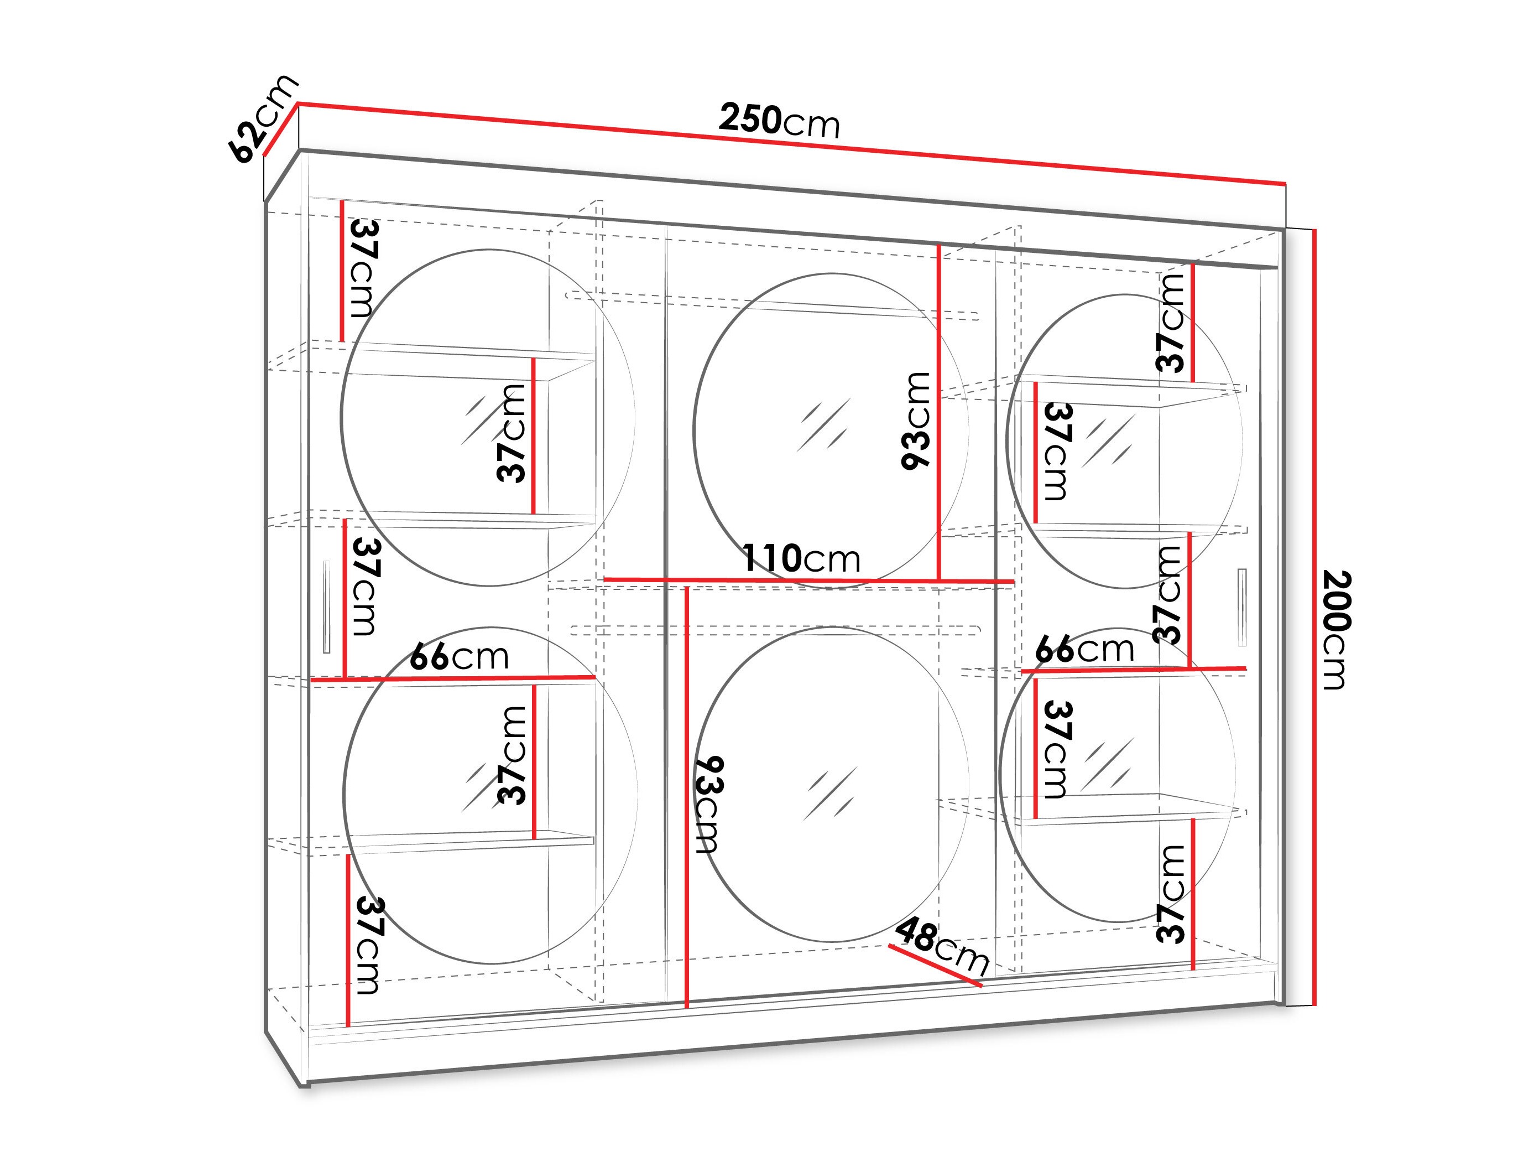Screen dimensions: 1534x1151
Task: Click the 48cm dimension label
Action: click(x=942, y=946)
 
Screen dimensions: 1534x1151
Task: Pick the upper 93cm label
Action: click(x=915, y=421)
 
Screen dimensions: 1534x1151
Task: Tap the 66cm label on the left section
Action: click(x=459, y=656)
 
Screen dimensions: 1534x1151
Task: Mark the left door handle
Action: click(x=327, y=607)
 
